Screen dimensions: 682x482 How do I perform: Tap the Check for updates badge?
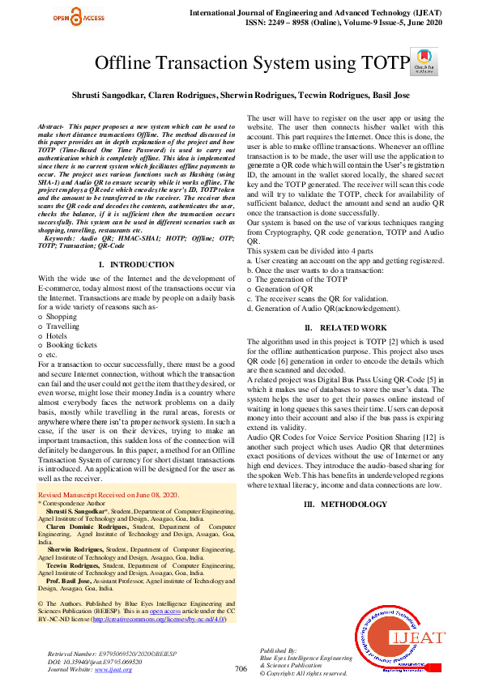(x=420, y=61)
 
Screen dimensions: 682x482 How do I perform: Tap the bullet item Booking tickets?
(x=71, y=344)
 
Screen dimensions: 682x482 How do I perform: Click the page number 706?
(x=241, y=668)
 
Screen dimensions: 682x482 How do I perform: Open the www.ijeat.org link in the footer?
(x=113, y=669)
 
